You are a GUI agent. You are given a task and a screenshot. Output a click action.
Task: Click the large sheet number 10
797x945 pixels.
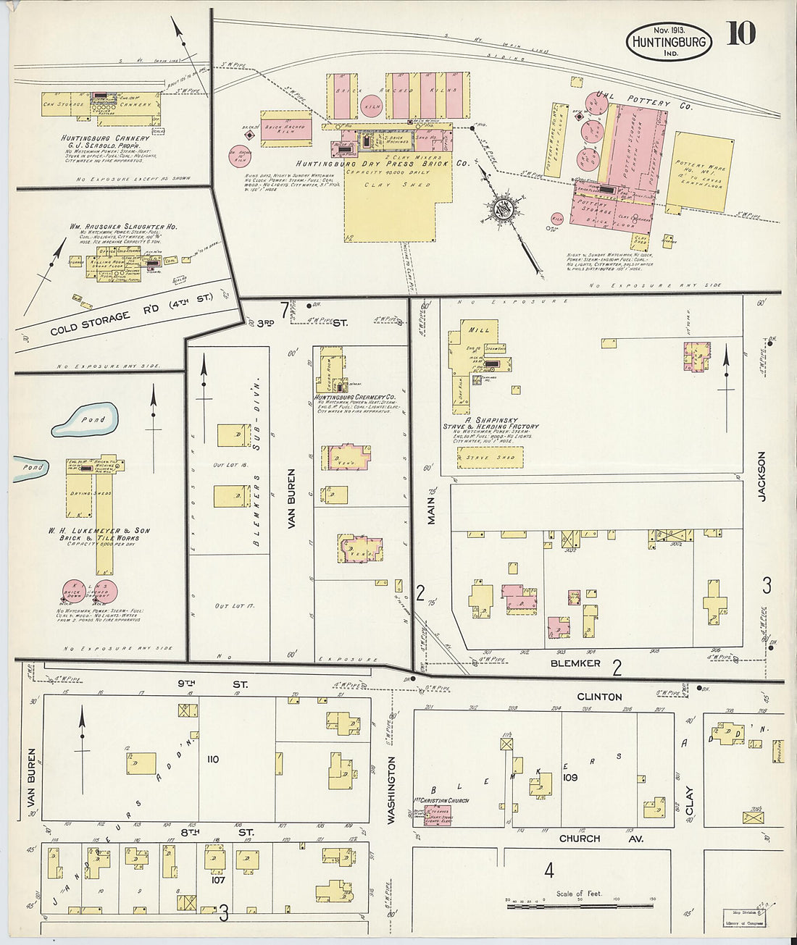pos(740,33)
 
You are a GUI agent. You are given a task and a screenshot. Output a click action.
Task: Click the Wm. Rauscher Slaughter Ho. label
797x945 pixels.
pos(123,226)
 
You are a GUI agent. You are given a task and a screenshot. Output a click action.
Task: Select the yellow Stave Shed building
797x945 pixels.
pos(490,458)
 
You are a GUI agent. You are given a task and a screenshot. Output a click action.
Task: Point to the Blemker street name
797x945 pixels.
pos(575,663)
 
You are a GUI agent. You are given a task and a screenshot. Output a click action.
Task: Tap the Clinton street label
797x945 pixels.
pos(599,697)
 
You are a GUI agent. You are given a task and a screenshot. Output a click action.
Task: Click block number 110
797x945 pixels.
pos(212,759)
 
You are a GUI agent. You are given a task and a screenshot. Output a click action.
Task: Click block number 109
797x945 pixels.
pos(569,777)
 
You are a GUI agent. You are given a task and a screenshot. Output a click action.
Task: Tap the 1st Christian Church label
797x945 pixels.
pos(441,801)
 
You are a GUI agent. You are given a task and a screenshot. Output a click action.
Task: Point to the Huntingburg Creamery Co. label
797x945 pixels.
pos(354,398)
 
